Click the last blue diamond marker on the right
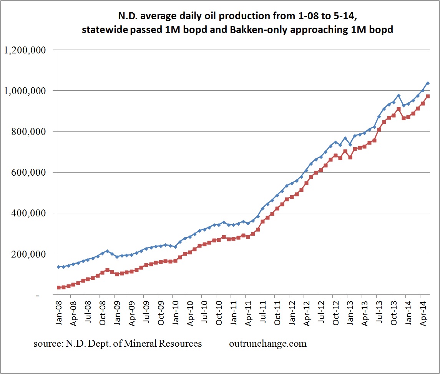428,83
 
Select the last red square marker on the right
428,96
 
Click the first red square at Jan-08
58,288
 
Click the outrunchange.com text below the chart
268,344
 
